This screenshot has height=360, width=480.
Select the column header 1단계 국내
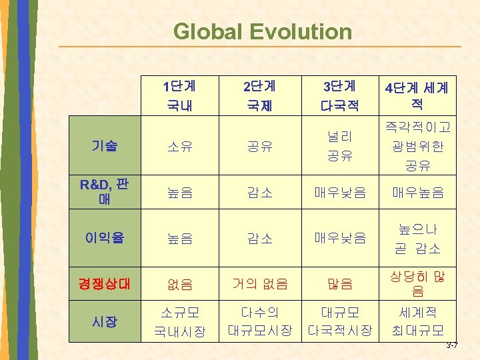[177, 95]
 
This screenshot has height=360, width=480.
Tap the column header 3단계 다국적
[339, 95]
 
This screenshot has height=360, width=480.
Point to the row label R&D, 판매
[104, 193]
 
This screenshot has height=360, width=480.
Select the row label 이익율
[104, 237]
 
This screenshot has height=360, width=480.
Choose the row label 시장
[104, 321]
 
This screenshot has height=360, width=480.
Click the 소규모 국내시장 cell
[179, 321]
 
